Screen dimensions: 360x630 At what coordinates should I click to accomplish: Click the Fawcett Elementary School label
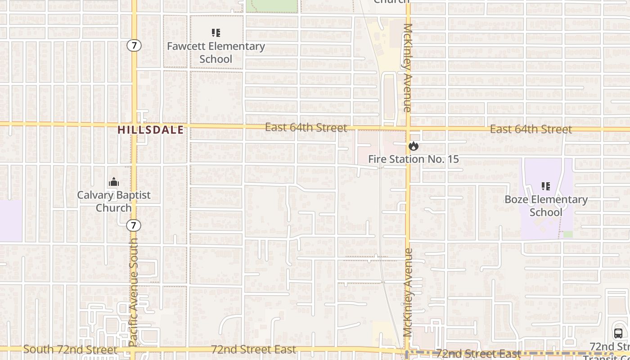coord(216,53)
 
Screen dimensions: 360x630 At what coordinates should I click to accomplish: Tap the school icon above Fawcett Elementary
coord(216,33)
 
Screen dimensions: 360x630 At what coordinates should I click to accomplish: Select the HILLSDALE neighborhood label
coord(151,130)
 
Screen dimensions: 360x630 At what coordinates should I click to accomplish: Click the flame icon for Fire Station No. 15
coord(414,146)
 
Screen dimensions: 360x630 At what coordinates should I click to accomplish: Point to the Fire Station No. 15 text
coord(414,159)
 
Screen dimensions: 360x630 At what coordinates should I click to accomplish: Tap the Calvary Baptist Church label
coord(114,201)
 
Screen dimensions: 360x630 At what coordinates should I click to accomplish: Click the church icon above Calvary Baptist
coord(114,182)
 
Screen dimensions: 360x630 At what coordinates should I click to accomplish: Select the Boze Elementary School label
coord(546,206)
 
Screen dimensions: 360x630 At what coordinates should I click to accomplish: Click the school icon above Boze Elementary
coord(546,186)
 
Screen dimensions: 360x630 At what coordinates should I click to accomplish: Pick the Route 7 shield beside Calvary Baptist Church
coord(134,225)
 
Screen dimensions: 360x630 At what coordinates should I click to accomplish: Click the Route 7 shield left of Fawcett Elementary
coord(134,45)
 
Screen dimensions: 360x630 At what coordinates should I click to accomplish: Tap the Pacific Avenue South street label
coord(134,292)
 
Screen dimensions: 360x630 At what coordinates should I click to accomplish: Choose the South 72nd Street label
coord(70,349)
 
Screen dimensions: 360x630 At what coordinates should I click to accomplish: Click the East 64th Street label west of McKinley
coord(306,128)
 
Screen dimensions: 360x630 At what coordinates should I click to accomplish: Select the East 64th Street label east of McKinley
coord(531,130)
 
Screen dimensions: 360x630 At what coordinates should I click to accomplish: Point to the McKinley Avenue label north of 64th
coord(408,67)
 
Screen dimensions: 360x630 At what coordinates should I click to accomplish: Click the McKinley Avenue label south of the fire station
coord(408,292)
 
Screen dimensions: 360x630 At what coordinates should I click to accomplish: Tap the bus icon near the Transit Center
coord(618,333)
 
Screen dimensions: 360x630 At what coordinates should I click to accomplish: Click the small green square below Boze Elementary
coord(568,234)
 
